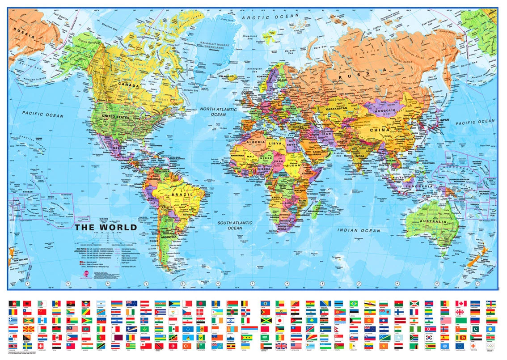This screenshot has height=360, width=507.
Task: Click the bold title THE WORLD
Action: pos(106,227)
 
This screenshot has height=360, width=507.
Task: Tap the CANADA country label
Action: pos(128,84)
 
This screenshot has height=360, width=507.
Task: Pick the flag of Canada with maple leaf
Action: pos(461,304)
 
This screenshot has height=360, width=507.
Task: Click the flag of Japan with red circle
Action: pos(280,321)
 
